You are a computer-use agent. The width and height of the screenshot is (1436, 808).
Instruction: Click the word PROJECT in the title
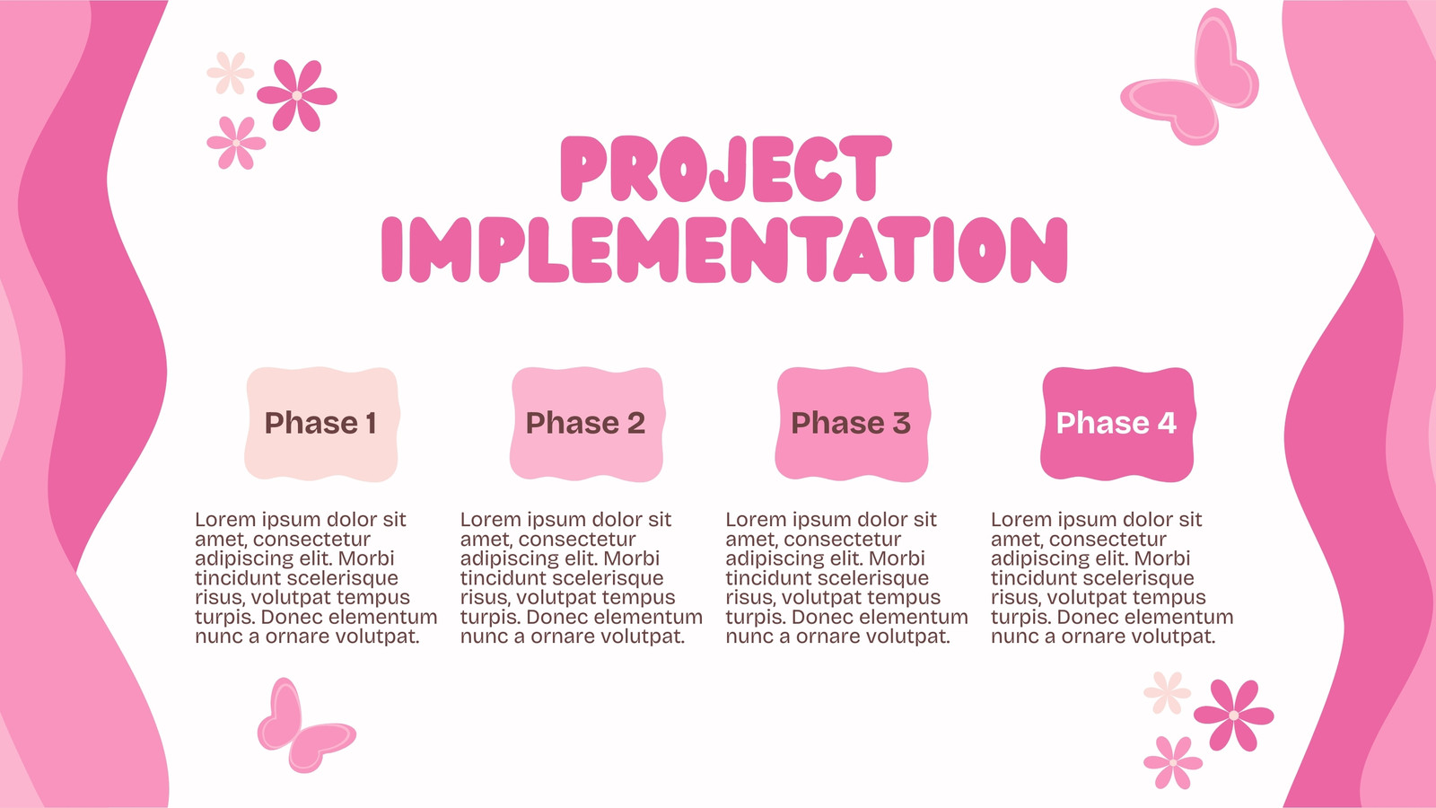click(726, 169)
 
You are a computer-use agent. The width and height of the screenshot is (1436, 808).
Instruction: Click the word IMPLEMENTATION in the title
click(724, 250)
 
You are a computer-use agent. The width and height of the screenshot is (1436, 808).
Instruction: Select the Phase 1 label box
click(322, 425)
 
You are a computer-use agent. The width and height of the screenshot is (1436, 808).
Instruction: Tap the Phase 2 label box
click(587, 425)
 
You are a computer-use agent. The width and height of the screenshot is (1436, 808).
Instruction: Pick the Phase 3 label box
click(853, 425)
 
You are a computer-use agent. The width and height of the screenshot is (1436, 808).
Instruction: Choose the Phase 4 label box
click(1118, 425)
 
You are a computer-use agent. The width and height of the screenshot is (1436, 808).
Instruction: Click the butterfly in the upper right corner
click(1190, 78)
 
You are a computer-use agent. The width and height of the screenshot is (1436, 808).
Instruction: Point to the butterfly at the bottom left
click(305, 726)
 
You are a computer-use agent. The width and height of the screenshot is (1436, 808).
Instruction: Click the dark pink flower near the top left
click(297, 95)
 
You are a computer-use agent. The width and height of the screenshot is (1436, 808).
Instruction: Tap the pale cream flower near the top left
click(230, 73)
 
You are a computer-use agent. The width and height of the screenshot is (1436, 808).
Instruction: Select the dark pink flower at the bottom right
click(1233, 715)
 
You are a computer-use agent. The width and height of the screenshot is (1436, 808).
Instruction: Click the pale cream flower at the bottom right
click(1168, 692)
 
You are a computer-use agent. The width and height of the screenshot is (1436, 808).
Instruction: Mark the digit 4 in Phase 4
click(1168, 423)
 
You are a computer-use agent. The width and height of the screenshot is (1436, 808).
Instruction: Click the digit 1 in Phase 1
click(371, 423)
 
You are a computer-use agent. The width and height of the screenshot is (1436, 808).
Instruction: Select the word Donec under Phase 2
click(556, 617)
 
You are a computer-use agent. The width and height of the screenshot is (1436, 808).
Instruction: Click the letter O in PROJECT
click(683, 169)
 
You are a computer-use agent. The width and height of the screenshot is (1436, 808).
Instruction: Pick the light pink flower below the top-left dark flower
click(236, 143)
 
